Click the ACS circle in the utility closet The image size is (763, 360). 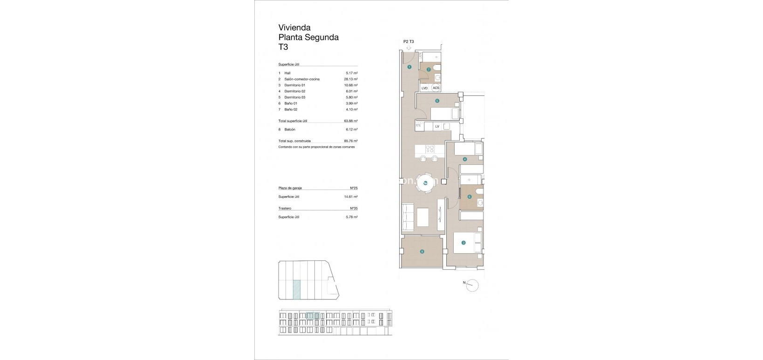pyautogui.click(x=436, y=88)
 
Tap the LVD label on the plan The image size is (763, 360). pyautogui.click(x=424, y=88)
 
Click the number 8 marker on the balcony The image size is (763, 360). pyautogui.click(x=422, y=251)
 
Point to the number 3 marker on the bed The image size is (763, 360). pyautogui.click(x=463, y=242)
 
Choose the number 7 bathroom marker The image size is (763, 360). pyautogui.click(x=429, y=70)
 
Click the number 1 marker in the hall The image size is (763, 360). pyautogui.click(x=409, y=67)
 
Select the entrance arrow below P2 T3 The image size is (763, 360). pyautogui.click(x=409, y=47)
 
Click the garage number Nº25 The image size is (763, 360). pyautogui.click(x=353, y=188)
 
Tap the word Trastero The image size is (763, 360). pyautogui.click(x=285, y=208)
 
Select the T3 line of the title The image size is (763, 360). pyautogui.click(x=283, y=47)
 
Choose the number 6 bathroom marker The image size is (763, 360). pyautogui.click(x=470, y=197)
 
